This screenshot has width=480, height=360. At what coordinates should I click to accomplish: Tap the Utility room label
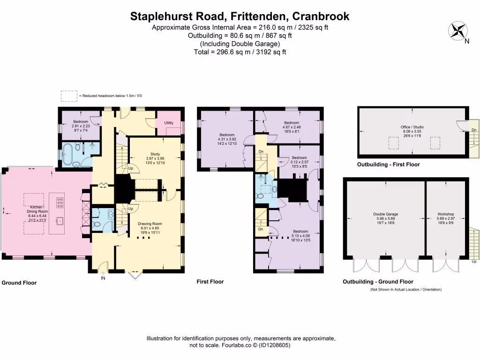[169, 123]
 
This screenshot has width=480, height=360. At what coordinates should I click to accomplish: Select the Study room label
[155, 154]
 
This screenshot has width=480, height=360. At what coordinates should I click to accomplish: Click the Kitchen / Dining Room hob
[60, 202]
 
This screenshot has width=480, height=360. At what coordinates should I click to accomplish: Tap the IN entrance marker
[103, 278]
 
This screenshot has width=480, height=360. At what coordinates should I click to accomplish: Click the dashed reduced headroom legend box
[69, 96]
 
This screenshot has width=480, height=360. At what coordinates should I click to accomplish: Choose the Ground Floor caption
[19, 283]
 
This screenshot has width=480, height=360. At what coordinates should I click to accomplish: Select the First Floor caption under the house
[210, 282]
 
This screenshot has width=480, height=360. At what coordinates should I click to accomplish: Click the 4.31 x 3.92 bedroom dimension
[227, 139]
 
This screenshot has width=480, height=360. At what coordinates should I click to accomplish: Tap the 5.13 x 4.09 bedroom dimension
[300, 236]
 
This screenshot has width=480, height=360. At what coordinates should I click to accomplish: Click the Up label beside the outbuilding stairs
[474, 262]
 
